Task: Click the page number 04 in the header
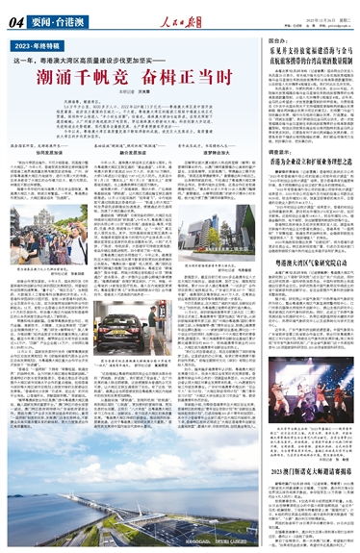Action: tap(16, 16)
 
